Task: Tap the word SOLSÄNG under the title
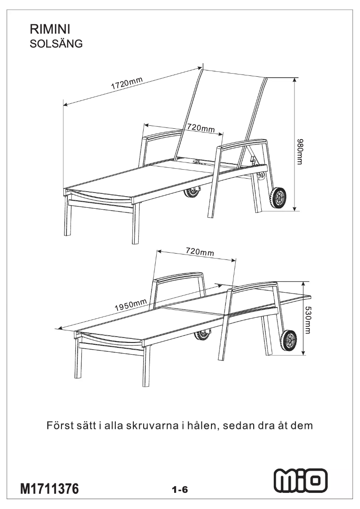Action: tap(56, 44)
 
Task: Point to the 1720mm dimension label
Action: tap(127, 84)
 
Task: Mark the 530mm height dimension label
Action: tap(309, 320)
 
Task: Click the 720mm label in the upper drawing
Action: tap(201, 128)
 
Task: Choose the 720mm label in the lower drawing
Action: tap(200, 252)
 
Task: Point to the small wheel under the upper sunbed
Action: tap(193, 192)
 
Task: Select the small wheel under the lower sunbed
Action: tap(203, 334)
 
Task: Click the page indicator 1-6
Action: tap(180, 490)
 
